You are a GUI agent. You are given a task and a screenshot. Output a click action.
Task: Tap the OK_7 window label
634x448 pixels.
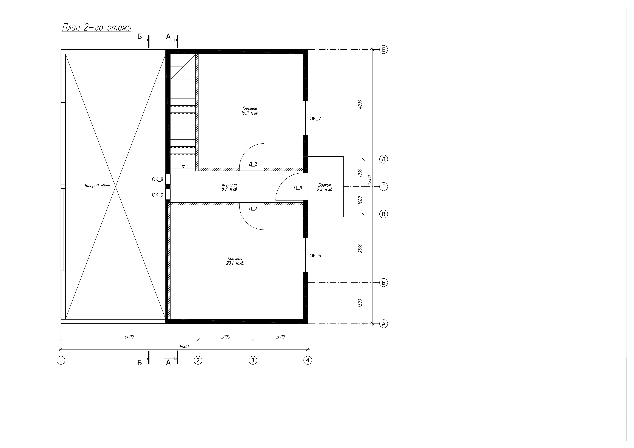(x=315, y=119)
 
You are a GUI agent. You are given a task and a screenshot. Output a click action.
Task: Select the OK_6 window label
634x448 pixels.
(x=315, y=256)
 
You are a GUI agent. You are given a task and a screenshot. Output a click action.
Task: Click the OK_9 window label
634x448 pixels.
(x=157, y=195)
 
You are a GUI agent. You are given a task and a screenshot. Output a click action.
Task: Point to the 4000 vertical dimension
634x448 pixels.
(x=360, y=104)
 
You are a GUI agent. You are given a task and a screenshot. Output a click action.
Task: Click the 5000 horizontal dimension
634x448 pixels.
(x=129, y=337)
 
